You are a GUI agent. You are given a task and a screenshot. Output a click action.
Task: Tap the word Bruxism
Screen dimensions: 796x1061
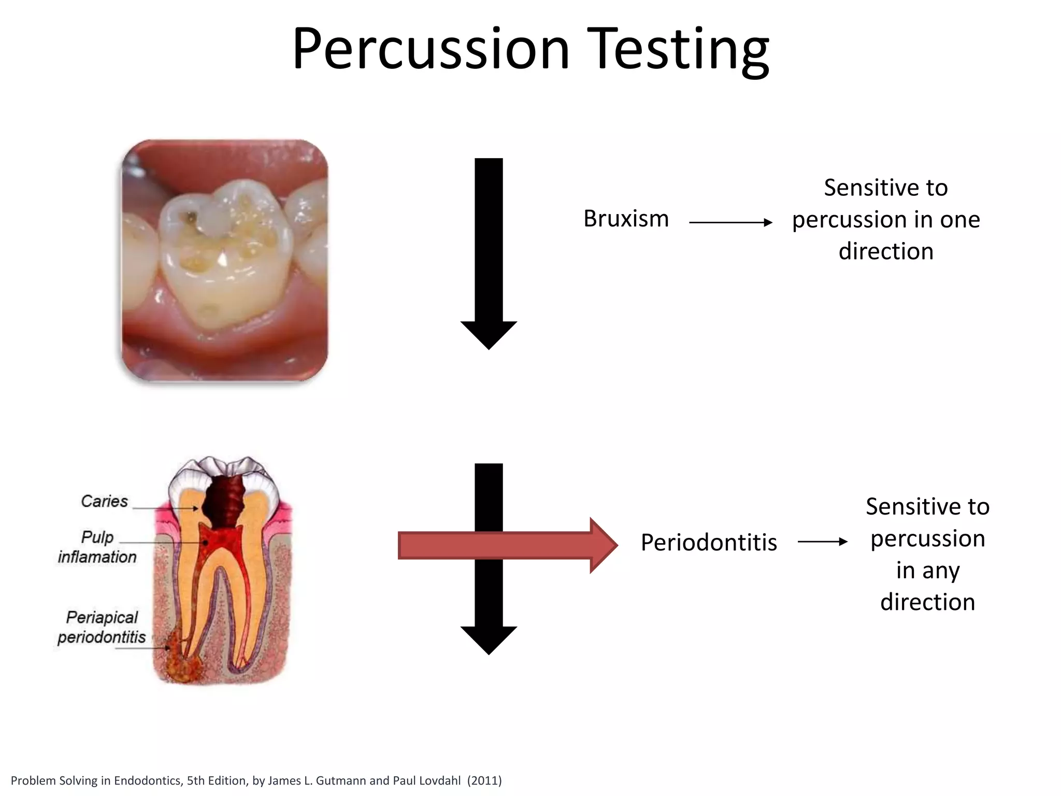tap(626, 219)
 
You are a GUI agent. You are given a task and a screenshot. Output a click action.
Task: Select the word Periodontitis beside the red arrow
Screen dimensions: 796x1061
tap(709, 543)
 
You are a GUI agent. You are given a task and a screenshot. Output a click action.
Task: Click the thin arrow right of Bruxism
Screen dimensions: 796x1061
tap(730, 222)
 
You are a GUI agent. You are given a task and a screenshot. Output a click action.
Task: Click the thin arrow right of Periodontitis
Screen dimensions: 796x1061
tap(822, 542)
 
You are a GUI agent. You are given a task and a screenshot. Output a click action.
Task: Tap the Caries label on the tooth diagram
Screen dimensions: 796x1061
tap(104, 501)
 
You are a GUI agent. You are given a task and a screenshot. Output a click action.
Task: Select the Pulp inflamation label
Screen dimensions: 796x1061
tap(97, 547)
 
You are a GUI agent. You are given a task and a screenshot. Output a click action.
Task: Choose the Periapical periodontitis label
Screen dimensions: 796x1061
tap(102, 627)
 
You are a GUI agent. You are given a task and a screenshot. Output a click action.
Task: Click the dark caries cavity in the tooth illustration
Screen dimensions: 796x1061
tap(224, 500)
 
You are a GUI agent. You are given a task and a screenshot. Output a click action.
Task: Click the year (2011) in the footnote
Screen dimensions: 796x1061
tap(484, 780)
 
